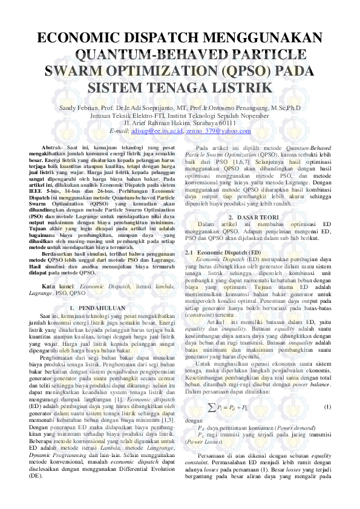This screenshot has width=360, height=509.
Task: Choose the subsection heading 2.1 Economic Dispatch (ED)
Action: (223, 251)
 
